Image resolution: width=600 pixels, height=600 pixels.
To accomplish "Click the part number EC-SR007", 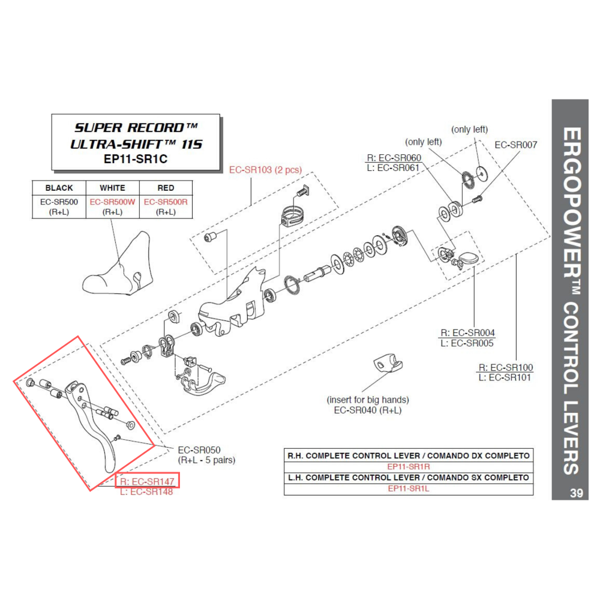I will click(x=515, y=145).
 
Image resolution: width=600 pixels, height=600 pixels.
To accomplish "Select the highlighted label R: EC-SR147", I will click(x=148, y=481).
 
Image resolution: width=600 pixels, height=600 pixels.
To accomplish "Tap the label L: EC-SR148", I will click(x=146, y=492).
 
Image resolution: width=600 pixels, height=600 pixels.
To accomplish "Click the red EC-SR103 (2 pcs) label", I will click(x=265, y=170).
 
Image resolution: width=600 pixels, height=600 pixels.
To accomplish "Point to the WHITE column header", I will click(x=112, y=188).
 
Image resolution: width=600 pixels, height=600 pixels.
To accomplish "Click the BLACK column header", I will click(x=58, y=188).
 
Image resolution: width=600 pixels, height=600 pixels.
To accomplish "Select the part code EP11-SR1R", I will click(x=408, y=466).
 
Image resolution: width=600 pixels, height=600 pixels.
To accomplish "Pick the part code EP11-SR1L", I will click(x=408, y=488).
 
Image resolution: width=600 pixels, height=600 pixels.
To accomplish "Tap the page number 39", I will click(x=576, y=493).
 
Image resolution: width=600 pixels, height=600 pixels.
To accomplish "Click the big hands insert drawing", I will click(x=387, y=364).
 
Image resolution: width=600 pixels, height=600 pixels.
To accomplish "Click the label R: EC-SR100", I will click(x=505, y=367).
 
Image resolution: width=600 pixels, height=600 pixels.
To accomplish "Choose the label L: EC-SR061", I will click(x=393, y=167).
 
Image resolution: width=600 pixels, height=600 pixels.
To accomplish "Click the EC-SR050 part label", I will click(x=200, y=450).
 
